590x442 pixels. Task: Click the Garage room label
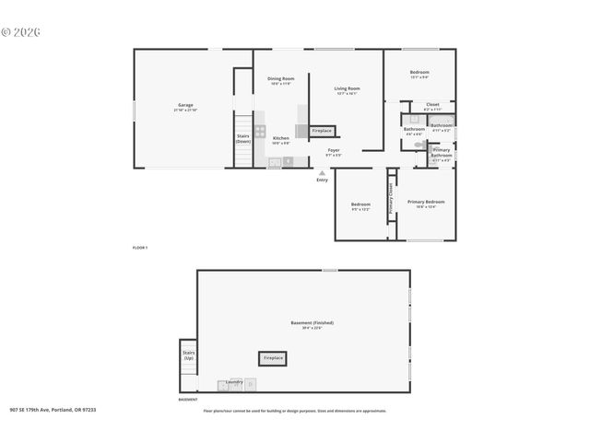[x=185, y=105]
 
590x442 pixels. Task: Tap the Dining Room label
[x=281, y=80]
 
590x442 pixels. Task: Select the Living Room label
[x=347, y=89]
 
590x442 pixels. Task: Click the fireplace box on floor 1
[x=322, y=131]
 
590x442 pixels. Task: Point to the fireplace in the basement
[x=273, y=357]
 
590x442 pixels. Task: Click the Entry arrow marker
[x=322, y=172]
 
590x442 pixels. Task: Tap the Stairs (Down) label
[x=243, y=139]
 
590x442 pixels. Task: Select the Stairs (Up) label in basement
[x=188, y=355]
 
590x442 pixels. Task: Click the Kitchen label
[x=280, y=139]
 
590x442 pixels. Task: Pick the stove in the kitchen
[x=261, y=131]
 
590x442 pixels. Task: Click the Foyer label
[x=333, y=150]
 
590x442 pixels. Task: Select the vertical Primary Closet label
[x=391, y=199]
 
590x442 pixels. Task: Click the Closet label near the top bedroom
[x=432, y=105]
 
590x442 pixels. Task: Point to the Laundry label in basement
[x=234, y=381]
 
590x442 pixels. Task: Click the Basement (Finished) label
[x=312, y=323]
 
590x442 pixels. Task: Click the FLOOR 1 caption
[x=140, y=249]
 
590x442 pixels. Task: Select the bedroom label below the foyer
[x=360, y=205]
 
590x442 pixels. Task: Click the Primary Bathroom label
[x=442, y=152]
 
